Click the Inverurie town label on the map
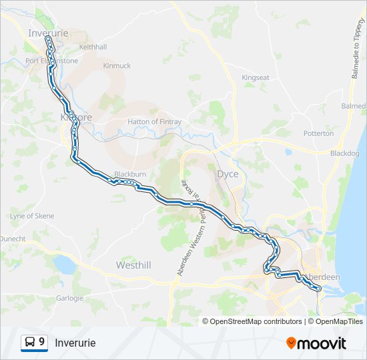tap(49, 31)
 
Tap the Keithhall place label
tap(93, 47)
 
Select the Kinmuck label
tap(117, 66)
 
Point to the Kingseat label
tap(256, 78)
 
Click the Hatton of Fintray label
tap(155, 122)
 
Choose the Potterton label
tap(318, 133)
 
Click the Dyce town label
tap(228, 174)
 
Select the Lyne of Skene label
tap(31, 216)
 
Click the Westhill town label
tap(133, 265)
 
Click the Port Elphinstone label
tap(51, 61)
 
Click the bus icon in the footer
tap(30, 343)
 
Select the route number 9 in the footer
tap(42, 343)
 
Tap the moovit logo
tap(316, 343)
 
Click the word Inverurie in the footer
tap(75, 343)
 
